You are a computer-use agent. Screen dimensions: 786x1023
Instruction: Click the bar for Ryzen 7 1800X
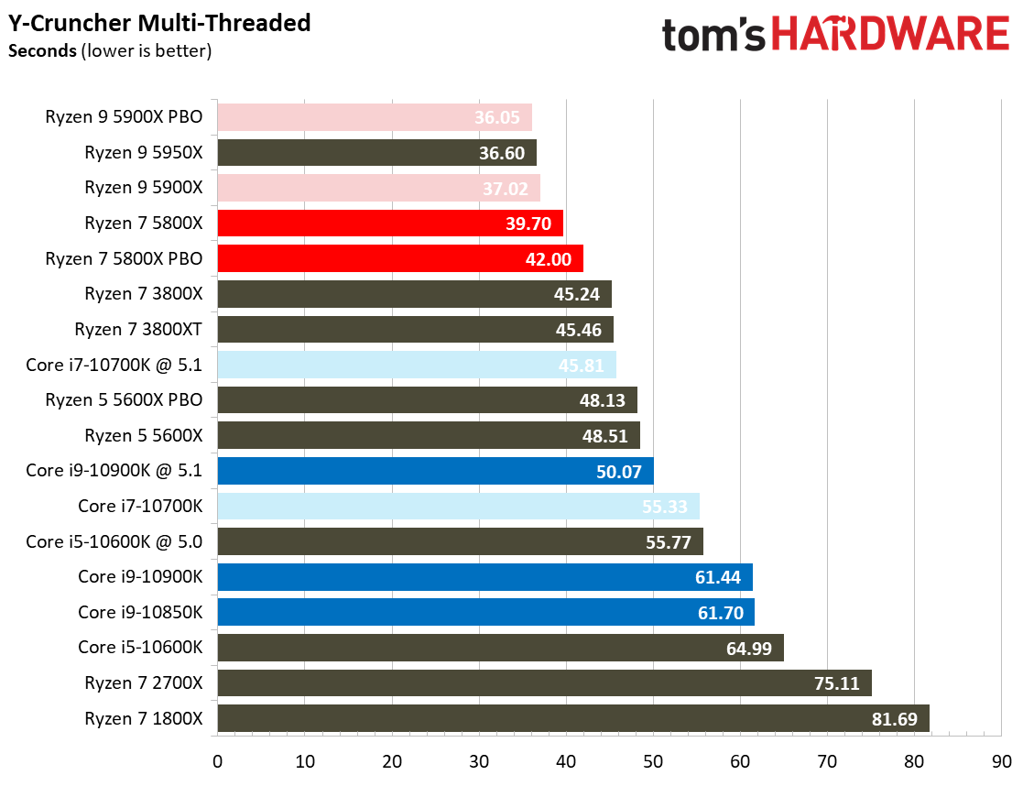click(572, 719)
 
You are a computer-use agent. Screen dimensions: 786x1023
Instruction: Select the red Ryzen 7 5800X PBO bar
click(399, 259)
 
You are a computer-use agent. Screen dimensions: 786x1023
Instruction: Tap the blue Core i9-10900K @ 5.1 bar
click(435, 471)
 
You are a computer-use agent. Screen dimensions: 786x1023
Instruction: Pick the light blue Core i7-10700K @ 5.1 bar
click(416, 366)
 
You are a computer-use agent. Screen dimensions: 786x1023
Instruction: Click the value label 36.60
click(502, 153)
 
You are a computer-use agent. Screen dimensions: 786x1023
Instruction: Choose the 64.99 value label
click(749, 649)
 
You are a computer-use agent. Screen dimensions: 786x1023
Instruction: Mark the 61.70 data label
click(721, 613)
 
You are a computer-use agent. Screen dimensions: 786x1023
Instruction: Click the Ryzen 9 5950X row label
click(143, 153)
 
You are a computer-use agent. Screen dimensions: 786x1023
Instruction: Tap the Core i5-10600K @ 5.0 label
click(114, 542)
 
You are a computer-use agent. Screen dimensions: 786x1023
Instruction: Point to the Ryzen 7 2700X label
click(143, 683)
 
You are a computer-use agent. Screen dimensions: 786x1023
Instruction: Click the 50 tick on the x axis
click(653, 761)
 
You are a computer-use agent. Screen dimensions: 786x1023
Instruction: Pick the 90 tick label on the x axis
click(1002, 761)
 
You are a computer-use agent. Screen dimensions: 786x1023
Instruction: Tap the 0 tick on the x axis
click(217, 761)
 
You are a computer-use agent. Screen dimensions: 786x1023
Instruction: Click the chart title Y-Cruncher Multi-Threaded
click(159, 22)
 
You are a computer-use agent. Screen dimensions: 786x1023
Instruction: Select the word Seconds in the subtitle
click(41, 50)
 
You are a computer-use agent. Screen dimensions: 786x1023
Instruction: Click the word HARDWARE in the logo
click(890, 35)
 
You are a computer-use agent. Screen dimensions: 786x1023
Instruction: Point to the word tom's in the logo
click(713, 35)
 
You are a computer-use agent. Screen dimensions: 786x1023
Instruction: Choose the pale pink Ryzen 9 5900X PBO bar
click(374, 117)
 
